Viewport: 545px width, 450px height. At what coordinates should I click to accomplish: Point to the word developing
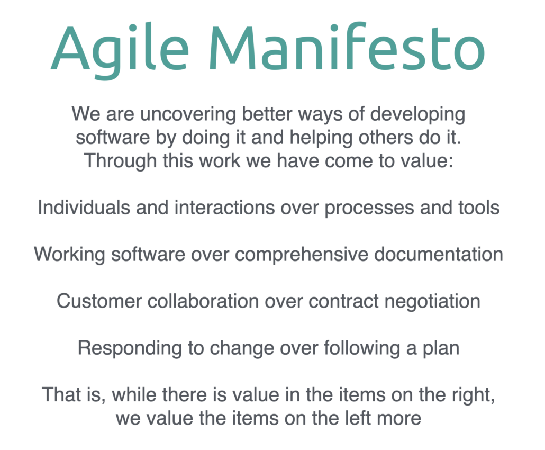tap(417, 115)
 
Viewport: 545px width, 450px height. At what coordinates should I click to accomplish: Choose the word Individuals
tap(84, 208)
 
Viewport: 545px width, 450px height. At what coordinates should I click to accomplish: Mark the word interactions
tap(224, 208)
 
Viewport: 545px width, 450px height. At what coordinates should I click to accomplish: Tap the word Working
tap(69, 255)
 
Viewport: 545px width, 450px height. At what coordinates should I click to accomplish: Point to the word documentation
tap(438, 254)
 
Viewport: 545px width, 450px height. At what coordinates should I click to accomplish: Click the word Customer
tap(99, 301)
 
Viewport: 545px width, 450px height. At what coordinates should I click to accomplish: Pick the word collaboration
tap(203, 301)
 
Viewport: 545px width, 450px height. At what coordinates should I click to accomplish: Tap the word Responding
tap(130, 348)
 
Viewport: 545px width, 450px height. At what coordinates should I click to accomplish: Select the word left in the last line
tap(358, 418)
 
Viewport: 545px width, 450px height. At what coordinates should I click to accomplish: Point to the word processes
tap(369, 208)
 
